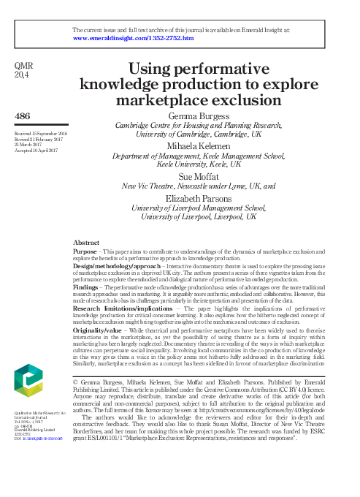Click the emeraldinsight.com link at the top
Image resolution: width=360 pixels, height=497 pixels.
pyautogui.click(x=133, y=37)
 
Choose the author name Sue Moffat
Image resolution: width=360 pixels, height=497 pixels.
pyautogui.click(x=196, y=177)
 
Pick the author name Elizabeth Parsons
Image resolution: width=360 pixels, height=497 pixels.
pyautogui.click(x=196, y=198)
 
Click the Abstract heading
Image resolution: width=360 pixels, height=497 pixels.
pyautogui.click(x=88, y=241)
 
